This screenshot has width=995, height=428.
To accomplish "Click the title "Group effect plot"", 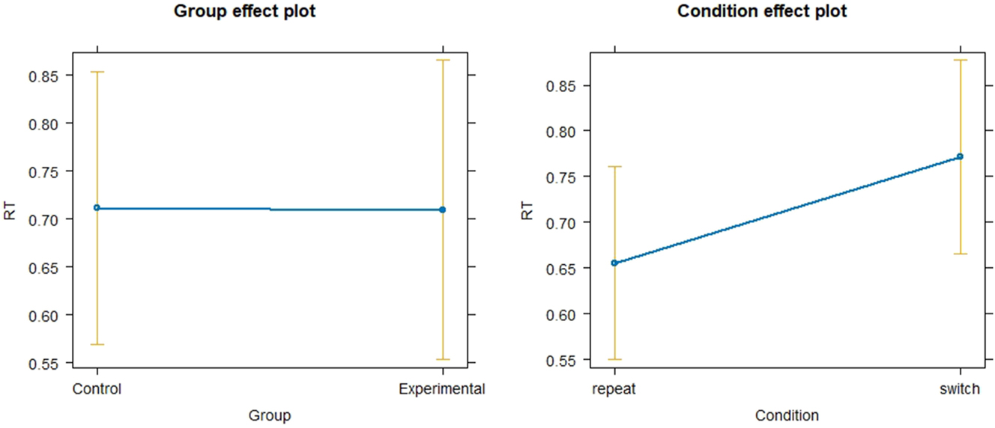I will [x=244, y=12].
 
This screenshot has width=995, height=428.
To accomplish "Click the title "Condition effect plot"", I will [x=762, y=12].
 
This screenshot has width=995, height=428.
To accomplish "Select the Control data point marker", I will [x=97, y=208].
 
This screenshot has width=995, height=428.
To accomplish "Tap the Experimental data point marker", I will [x=443, y=210].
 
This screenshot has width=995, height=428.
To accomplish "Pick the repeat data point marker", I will [x=614, y=263].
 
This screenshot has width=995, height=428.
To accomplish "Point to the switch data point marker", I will [x=961, y=156].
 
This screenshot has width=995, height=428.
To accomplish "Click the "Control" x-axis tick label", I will [x=97, y=389].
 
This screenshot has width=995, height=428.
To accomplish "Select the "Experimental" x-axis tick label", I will [x=442, y=389].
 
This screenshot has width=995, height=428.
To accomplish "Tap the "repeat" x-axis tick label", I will [x=614, y=389].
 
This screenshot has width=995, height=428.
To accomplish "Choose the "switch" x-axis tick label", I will [x=961, y=389].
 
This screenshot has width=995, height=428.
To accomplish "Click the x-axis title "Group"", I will [x=270, y=415].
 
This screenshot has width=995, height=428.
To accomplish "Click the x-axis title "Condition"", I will [x=787, y=415].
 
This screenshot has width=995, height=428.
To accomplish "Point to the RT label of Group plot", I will [x=10, y=211].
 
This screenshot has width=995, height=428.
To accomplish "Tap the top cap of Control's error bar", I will [x=97, y=72].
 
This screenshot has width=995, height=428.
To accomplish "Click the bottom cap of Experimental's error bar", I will [x=443, y=359].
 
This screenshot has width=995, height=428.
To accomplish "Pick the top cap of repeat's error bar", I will [x=614, y=166].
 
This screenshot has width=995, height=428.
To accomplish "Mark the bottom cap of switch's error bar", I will [x=961, y=254].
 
